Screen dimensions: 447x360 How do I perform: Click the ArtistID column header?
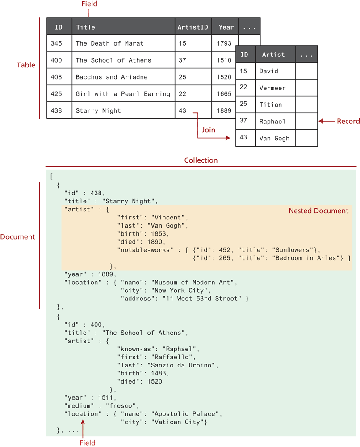point(193,27)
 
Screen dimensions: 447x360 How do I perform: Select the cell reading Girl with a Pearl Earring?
point(123,94)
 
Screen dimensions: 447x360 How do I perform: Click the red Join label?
point(208,130)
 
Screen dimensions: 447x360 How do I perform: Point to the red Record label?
point(348,121)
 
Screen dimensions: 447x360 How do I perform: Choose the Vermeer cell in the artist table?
point(272,88)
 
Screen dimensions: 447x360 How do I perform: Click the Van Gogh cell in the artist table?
point(274,139)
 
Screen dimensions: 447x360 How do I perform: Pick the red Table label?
point(26,65)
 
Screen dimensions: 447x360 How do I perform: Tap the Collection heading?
point(201,160)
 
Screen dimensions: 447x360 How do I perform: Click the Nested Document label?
point(318,211)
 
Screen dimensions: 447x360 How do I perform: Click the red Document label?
point(18,237)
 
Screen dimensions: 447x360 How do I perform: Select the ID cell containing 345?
point(56,44)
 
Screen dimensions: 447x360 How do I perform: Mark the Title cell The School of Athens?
point(113,60)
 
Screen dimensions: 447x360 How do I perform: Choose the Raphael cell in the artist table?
point(272,121)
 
